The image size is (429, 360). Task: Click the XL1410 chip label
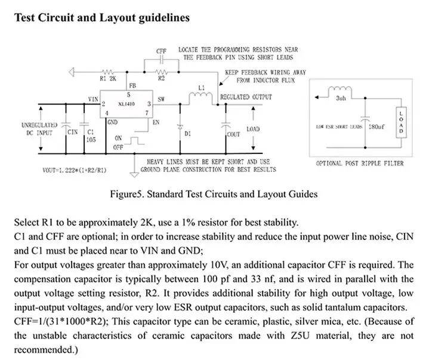pos(126,104)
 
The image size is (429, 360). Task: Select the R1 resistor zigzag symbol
pos(108,72)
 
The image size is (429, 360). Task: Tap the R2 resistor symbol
pos(162,72)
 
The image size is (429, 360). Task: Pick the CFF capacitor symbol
pos(162,59)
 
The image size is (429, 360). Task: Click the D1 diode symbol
pos(180,127)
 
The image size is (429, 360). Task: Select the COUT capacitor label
pos(233,134)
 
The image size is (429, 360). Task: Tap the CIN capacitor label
pos(73,132)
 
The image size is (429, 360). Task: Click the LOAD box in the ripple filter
pos(401,122)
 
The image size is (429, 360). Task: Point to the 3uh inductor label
pos(341,98)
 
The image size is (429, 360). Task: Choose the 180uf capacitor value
pos(376,127)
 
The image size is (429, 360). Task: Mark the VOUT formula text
pos(75,170)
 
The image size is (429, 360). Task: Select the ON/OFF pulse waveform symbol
pos(134,141)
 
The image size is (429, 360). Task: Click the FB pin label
pos(132,86)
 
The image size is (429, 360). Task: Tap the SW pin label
pos(161,99)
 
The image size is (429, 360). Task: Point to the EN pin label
pos(156,122)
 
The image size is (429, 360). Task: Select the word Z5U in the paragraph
pos(300,336)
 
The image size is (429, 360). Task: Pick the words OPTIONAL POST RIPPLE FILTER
pos(360,164)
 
